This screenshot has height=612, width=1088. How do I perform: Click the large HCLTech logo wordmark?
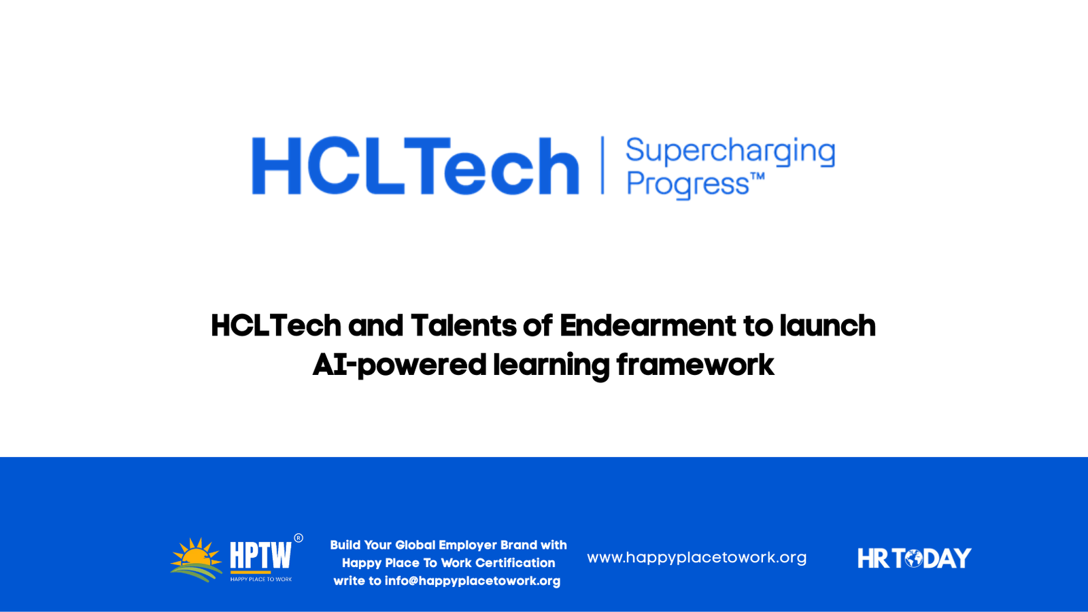[415, 166]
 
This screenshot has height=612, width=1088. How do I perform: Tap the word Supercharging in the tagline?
[730, 152]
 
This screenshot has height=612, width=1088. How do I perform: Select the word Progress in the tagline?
[687, 185]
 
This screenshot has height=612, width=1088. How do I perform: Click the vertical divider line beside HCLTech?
[602, 165]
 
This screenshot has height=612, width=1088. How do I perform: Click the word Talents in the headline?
[463, 325]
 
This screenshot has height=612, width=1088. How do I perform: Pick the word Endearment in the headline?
[648, 325]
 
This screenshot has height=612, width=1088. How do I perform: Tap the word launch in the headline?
[828, 325]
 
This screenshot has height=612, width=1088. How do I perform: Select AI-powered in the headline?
[399, 366]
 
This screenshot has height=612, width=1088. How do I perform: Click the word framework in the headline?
[696, 365]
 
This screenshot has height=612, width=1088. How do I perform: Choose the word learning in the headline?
[551, 366]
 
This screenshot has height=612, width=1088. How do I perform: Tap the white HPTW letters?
[261, 555]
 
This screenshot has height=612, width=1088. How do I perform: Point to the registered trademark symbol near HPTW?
[299, 538]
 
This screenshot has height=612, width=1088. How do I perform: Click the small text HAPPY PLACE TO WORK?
[261, 579]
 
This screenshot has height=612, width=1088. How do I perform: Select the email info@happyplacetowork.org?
[473, 581]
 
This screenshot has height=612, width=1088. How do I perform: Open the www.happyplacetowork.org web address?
[696, 558]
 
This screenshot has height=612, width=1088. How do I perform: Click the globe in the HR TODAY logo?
[914, 558]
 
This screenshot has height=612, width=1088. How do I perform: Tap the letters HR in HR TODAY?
[873, 558]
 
